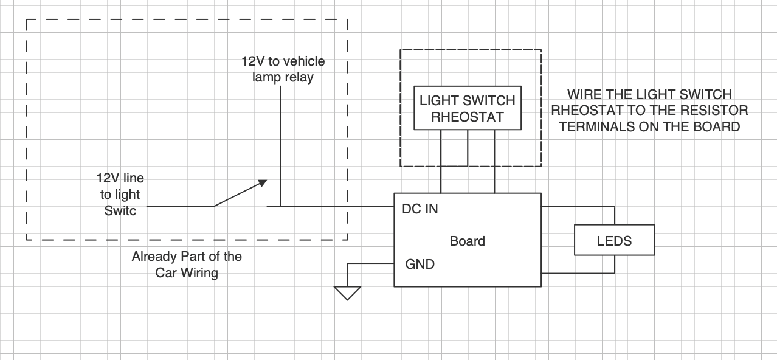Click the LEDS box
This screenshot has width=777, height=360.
tap(615, 240)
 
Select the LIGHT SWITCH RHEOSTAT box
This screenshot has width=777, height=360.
tap(467, 108)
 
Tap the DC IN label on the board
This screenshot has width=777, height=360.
tap(420, 209)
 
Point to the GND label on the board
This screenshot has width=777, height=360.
tap(420, 265)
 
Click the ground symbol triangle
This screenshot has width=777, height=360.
tap(348, 292)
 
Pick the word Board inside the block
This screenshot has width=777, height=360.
tap(467, 241)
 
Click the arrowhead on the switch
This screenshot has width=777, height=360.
tap(262, 182)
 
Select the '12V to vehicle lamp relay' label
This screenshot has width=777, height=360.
tap(283, 69)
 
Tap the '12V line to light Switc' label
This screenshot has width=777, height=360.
tap(120, 195)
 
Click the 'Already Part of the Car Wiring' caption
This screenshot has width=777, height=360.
tap(187, 265)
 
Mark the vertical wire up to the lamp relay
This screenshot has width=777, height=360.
tap(280, 146)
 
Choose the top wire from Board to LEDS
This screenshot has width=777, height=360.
tap(578, 207)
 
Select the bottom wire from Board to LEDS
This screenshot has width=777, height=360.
tap(578, 273)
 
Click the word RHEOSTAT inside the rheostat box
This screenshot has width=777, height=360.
tap(467, 117)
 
